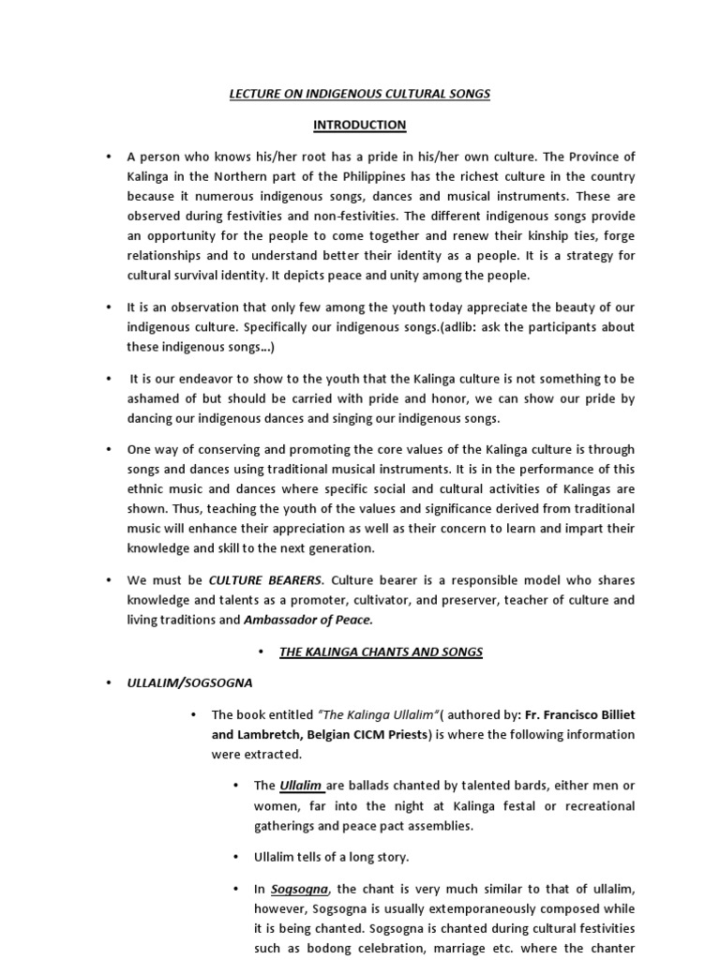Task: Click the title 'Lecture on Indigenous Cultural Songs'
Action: click(360, 94)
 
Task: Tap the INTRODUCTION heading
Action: click(360, 124)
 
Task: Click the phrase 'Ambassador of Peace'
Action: click(308, 619)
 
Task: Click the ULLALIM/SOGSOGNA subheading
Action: click(189, 683)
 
